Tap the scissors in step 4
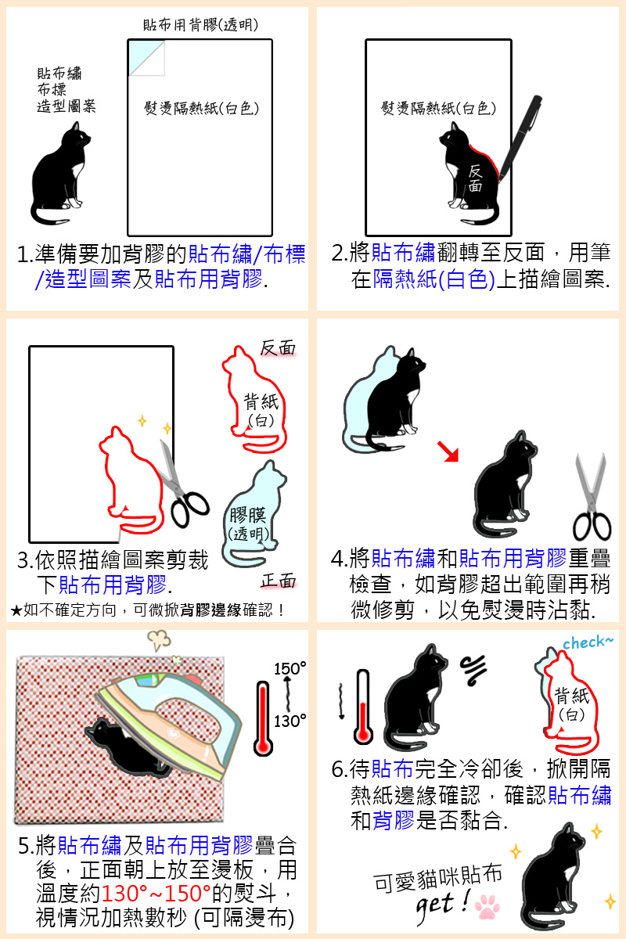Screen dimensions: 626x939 click(x=592, y=497)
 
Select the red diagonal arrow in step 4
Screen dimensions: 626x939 click(x=448, y=452)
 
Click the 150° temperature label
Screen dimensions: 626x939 click(x=290, y=668)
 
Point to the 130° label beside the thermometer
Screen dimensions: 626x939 click(x=290, y=721)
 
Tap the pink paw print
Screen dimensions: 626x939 click(x=487, y=906)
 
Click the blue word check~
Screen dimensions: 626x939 click(x=588, y=642)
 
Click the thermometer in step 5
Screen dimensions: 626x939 click(x=264, y=719)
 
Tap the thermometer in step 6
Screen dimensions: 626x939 click(x=362, y=707)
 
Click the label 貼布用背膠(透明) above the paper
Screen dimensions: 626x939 click(x=200, y=25)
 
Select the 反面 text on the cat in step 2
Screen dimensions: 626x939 click(x=475, y=178)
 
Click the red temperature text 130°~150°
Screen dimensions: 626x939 click(x=156, y=894)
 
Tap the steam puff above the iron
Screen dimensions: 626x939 click(x=159, y=640)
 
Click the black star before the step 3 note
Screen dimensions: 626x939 click(x=16, y=611)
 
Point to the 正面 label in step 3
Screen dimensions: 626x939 click(x=278, y=581)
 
